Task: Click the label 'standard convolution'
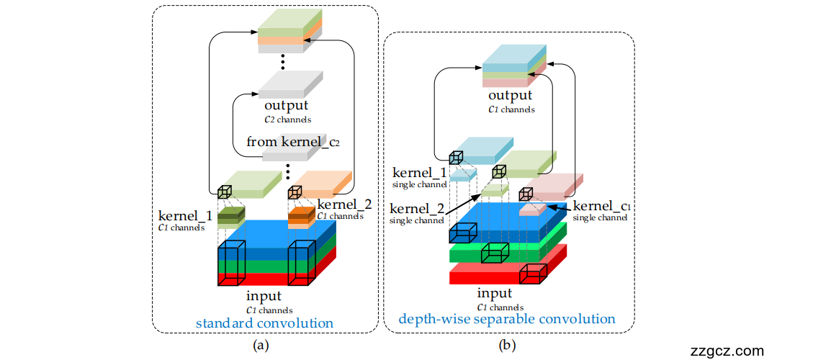[264, 323]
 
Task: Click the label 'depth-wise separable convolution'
[507, 318]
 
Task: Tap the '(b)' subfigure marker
[508, 345]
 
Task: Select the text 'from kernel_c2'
[293, 142]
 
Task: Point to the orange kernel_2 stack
[301, 215]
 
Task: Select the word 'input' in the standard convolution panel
[264, 296]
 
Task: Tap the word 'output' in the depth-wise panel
[510, 96]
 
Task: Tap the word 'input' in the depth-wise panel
[495, 293]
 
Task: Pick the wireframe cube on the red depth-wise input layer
[534, 271]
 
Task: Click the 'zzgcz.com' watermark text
[727, 351]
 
